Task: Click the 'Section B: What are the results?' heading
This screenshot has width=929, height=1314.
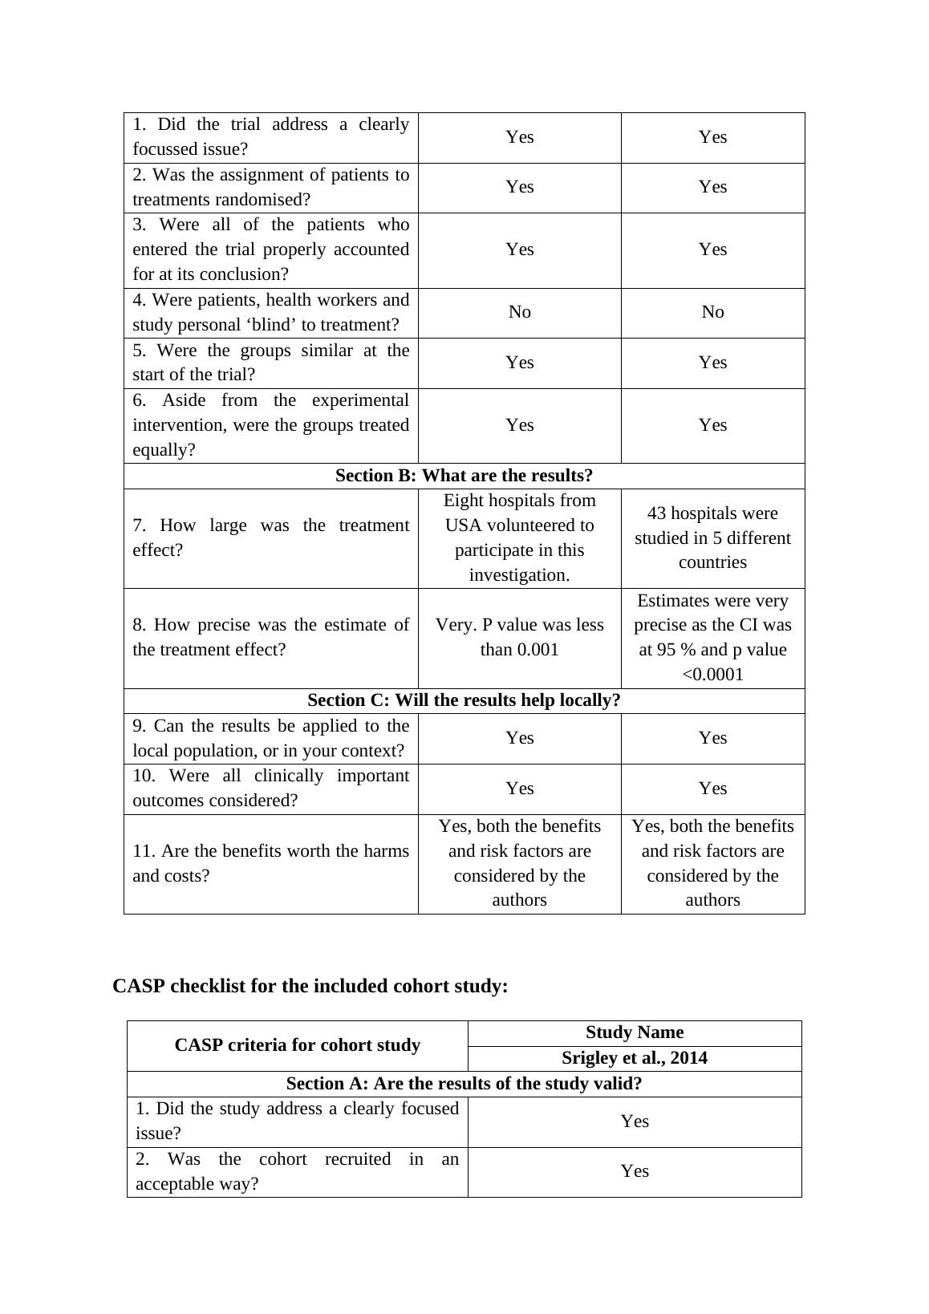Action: tap(464, 476)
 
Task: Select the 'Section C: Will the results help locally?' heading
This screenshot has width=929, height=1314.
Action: tap(464, 700)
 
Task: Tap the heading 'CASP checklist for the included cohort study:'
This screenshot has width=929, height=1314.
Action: tap(310, 986)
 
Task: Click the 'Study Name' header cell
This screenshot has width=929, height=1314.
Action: tap(634, 1032)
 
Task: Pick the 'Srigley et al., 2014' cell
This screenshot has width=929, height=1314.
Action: tap(634, 1058)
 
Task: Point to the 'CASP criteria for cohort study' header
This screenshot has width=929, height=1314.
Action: tap(297, 1045)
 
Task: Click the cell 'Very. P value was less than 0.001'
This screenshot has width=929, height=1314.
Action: tap(519, 637)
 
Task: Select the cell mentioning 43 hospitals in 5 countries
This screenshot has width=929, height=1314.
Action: tap(712, 537)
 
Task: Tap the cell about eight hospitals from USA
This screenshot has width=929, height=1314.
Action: tap(519, 537)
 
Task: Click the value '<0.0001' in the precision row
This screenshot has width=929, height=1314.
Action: tap(712, 675)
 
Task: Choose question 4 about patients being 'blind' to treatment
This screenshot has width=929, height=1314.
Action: tap(270, 312)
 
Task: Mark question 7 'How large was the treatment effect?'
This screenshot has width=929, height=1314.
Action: tap(270, 537)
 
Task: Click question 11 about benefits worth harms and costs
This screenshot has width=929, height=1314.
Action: tap(270, 863)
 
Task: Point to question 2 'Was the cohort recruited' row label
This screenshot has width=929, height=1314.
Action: tap(297, 1171)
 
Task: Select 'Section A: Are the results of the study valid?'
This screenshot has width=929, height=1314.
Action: tap(464, 1084)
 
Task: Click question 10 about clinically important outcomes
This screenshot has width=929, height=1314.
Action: tap(270, 788)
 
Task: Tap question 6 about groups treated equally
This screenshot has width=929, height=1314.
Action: tap(270, 425)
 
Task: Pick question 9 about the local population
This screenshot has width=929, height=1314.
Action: tap(270, 738)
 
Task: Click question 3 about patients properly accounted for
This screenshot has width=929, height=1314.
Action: tap(270, 249)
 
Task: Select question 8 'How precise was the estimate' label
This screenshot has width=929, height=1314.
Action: tap(270, 637)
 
